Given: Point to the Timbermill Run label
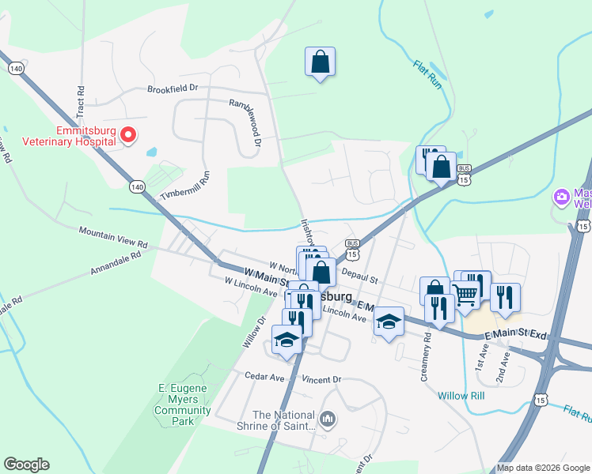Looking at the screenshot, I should point(184,188).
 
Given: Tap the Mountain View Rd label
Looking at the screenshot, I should point(113,231).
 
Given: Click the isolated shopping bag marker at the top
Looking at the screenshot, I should point(320,62).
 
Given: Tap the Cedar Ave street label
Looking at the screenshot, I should point(264,377).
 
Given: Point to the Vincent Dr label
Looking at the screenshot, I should point(320,379).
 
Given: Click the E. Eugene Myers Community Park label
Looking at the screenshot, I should point(183,404).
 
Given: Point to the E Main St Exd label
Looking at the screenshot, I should point(515,335).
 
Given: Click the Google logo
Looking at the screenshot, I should point(26,465).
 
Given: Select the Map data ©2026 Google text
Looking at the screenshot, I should point(542,468).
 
